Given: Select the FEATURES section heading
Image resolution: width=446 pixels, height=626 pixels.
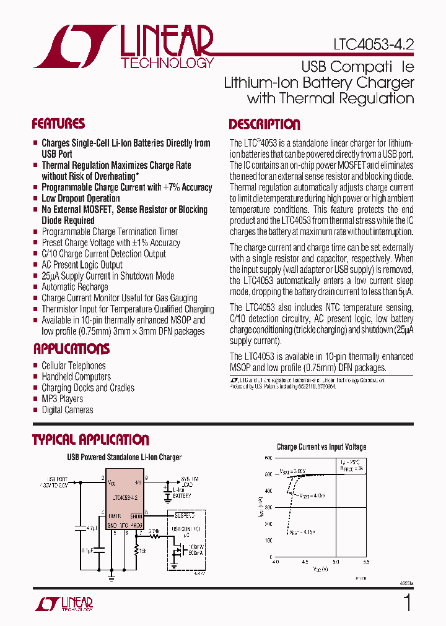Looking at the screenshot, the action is click(58, 123).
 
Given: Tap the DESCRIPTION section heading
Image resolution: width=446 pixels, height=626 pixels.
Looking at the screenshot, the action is click(265, 124).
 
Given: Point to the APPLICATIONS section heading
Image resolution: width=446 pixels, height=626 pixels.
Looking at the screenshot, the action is click(71, 348).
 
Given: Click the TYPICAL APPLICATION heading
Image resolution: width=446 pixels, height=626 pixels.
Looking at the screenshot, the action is click(90, 440).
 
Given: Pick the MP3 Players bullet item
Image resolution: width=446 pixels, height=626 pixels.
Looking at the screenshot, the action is click(62, 399).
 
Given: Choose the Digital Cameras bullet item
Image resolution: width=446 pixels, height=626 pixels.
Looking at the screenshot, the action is click(67, 410).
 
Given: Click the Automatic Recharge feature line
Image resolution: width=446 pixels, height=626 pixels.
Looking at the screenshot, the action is click(74, 287).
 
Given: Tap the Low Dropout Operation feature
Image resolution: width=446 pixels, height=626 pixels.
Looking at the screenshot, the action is click(81, 199).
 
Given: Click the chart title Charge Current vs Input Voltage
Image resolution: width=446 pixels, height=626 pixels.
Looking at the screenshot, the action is click(321, 447).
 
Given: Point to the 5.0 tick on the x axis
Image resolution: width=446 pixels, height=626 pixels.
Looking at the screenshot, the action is click(335, 562).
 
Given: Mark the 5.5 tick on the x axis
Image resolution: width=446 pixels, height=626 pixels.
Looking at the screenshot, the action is click(365, 562).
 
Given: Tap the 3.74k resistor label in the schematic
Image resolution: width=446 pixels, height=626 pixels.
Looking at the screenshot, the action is click(154, 531).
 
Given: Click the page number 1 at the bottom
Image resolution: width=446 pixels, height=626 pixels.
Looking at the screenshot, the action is click(407, 602).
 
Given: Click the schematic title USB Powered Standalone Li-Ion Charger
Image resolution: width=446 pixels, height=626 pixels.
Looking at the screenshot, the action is click(124, 458).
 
